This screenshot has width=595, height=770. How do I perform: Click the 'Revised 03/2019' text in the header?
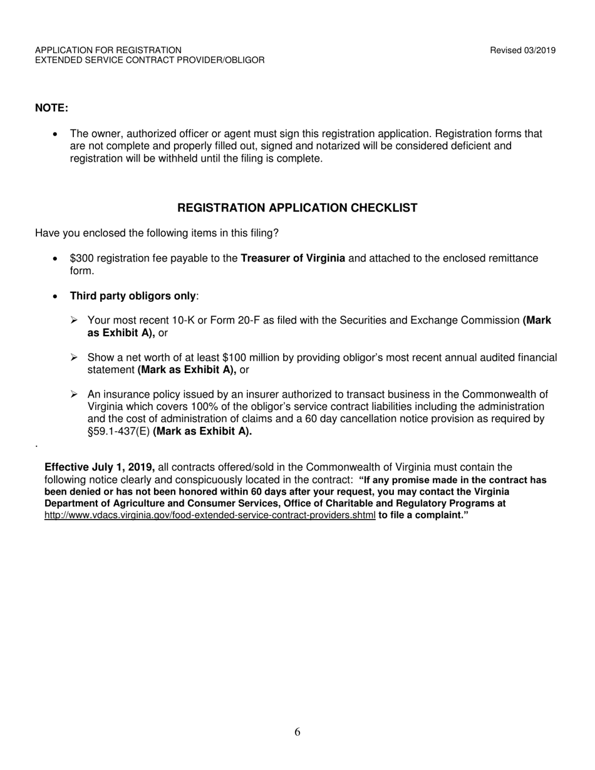[522, 51]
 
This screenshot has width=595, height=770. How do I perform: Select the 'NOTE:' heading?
[51, 108]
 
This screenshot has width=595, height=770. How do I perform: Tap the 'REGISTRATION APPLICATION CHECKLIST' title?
[297, 208]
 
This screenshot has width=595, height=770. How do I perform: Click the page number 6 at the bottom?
[297, 732]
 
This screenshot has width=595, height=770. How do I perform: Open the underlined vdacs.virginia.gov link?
[210, 515]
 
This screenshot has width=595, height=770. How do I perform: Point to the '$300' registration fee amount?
[81, 258]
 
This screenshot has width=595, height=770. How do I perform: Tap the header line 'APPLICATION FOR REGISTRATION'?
[108, 50]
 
